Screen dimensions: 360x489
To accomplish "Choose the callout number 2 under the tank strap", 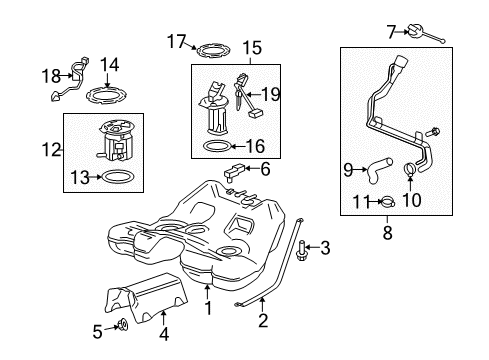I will (263, 321).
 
